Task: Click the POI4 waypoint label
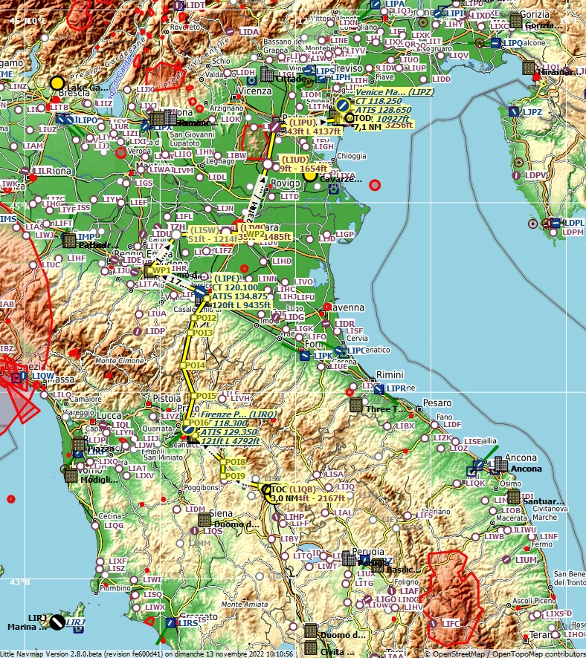click(196, 365)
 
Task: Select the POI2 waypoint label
click(206, 318)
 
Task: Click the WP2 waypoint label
click(255, 234)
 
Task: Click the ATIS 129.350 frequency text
click(228, 431)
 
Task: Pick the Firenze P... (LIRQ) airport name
click(238, 414)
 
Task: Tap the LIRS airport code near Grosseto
click(188, 622)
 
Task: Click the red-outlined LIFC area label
click(451, 622)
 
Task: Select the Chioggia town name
click(352, 157)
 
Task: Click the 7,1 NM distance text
click(367, 127)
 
